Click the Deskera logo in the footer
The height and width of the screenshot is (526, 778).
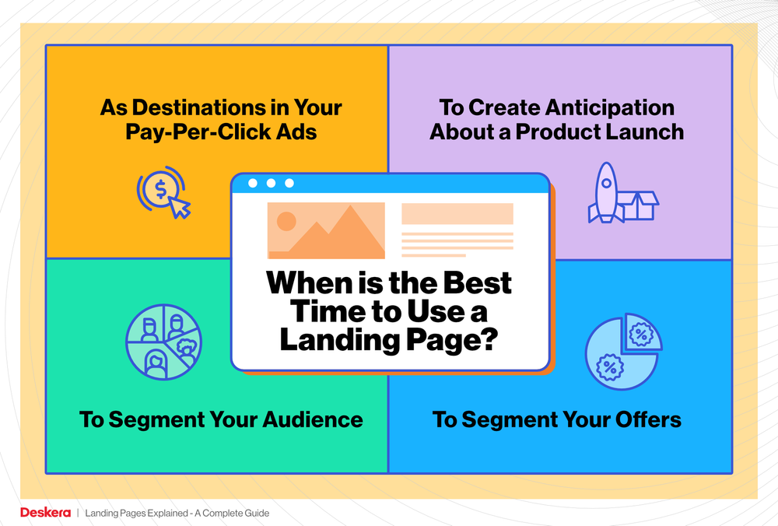point(45,513)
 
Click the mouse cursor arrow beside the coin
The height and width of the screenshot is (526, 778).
point(180,208)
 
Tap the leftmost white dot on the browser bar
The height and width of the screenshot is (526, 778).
point(252,184)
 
